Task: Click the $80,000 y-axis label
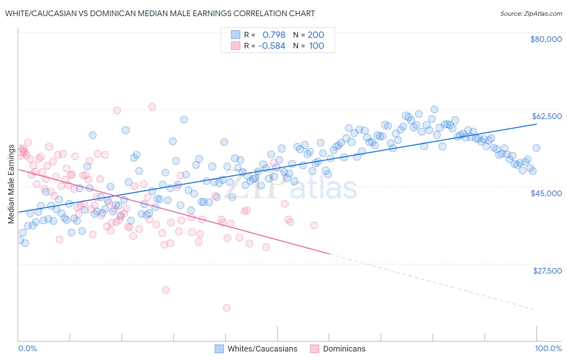pyautogui.click(x=546, y=39)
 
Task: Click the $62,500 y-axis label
pyautogui.click(x=546, y=116)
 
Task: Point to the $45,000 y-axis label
pyautogui.click(x=546, y=193)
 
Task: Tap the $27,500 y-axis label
pyautogui.click(x=547, y=271)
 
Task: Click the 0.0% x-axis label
pyautogui.click(x=27, y=348)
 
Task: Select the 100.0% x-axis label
pyautogui.click(x=548, y=348)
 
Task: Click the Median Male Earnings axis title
pyautogui.click(x=11, y=184)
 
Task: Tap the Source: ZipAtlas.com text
pyautogui.click(x=531, y=13)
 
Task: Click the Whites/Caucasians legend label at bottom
pyautogui.click(x=262, y=349)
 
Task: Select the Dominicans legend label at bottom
pyautogui.click(x=344, y=349)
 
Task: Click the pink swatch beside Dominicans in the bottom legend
pyautogui.click(x=315, y=349)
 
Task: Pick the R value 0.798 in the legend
pyautogui.click(x=274, y=35)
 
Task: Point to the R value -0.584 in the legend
pyautogui.click(x=271, y=46)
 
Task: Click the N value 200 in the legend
pyautogui.click(x=316, y=35)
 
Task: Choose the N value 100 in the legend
pyautogui.click(x=317, y=46)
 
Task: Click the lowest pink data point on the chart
pyautogui.click(x=227, y=308)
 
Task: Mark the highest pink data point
pyautogui.click(x=152, y=107)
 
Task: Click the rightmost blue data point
pyautogui.click(x=536, y=148)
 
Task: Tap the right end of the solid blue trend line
pyautogui.click(x=536, y=124)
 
